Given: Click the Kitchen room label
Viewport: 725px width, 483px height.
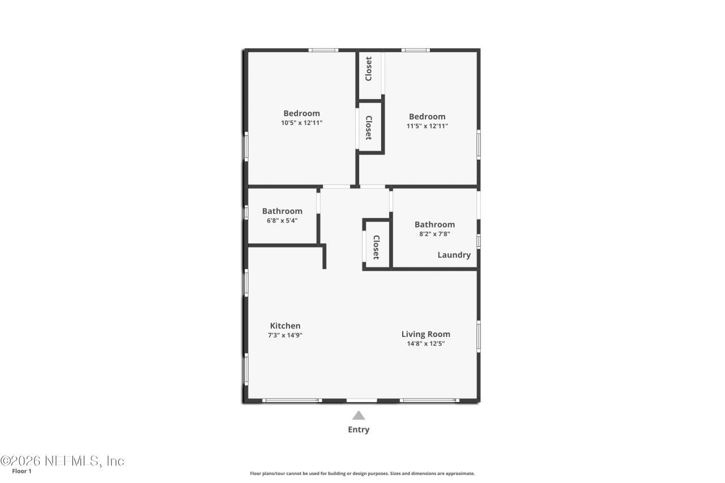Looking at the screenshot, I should (285, 326).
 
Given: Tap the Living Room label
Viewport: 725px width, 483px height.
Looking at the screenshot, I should (425, 334).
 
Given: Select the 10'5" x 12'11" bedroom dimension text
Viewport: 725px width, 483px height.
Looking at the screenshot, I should (301, 122).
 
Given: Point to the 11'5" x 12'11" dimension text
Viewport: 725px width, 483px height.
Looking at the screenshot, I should (427, 126).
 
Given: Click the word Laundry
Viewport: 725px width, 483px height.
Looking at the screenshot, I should (454, 255).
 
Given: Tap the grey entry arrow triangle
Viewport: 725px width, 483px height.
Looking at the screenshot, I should (359, 416).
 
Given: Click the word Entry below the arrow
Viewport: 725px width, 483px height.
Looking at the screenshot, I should (359, 430).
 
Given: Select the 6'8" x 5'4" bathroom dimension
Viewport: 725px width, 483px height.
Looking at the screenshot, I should (282, 221).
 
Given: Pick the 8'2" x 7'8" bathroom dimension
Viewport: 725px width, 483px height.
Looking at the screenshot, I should (434, 233).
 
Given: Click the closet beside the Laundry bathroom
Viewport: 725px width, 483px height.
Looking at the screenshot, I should (376, 247).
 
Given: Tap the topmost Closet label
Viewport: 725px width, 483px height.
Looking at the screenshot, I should (369, 69).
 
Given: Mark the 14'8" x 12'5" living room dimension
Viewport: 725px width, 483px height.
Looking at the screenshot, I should (425, 343).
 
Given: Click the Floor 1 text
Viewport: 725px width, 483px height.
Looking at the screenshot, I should (22, 471).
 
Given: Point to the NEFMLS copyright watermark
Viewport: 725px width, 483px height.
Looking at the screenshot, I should (62, 461).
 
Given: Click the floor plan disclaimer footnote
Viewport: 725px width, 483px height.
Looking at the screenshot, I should (362, 473).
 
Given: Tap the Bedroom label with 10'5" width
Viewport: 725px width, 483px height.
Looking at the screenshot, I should (301, 113).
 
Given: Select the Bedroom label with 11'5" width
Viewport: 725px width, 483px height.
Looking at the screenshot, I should (427, 117).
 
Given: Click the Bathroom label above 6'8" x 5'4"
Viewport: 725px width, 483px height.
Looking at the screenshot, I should (282, 211).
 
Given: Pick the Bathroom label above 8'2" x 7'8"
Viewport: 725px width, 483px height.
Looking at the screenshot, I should (434, 224).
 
